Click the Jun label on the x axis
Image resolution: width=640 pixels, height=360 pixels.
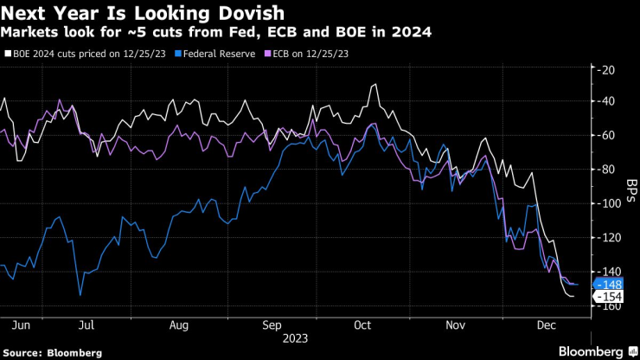22,325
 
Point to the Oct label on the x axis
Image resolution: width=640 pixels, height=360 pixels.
362,325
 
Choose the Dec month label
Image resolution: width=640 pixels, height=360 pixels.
545,325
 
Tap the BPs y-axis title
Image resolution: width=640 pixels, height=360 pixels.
630,187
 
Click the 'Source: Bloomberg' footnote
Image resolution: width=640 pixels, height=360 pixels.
52,352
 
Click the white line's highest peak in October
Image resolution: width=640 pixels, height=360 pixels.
374,85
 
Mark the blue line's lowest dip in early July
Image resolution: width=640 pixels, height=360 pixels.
80,295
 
